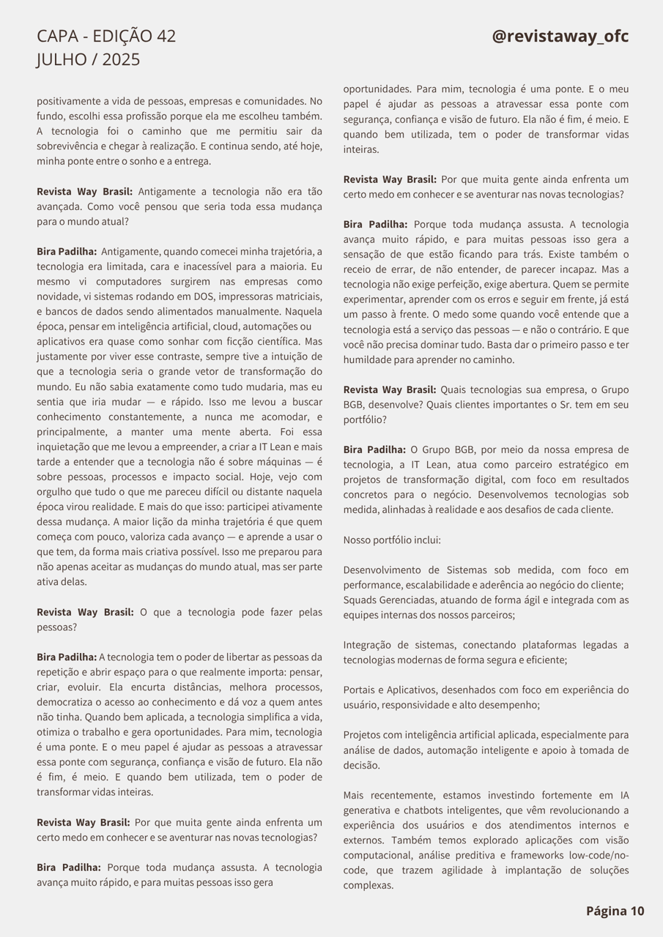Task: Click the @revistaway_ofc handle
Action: pyautogui.click(x=560, y=37)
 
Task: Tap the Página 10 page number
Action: pyautogui.click(x=615, y=911)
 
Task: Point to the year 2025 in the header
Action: pyautogui.click(x=121, y=60)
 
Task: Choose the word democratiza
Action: pyautogui.click(x=67, y=702)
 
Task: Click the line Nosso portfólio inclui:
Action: pyautogui.click(x=392, y=540)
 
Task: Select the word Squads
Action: pyautogui.click(x=360, y=600)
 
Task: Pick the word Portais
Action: pyautogui.click(x=361, y=690)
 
